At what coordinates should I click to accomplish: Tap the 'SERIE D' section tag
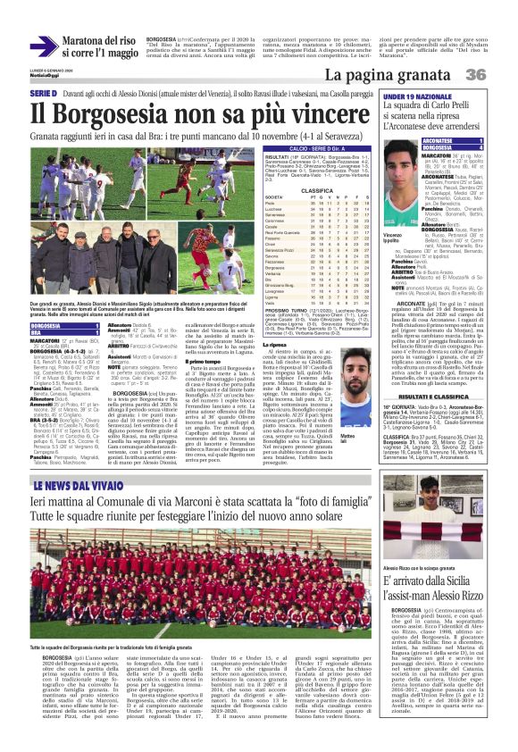[43, 94]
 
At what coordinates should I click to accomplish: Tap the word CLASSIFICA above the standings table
[291, 189]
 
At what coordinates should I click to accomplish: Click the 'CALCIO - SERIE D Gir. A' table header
[291, 146]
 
